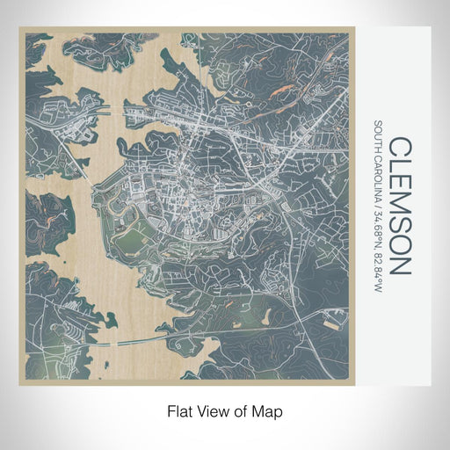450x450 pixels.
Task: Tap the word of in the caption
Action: (x=240, y=410)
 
